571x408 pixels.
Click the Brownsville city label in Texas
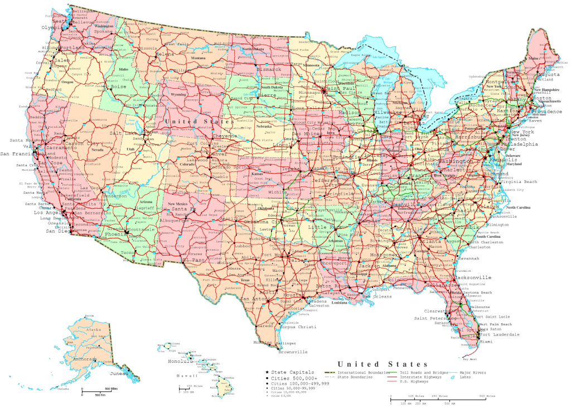(x=293, y=352)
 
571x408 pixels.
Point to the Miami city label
(x=486, y=342)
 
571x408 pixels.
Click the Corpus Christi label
(x=297, y=327)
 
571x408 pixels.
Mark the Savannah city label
(x=467, y=259)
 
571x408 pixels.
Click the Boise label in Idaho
(x=119, y=87)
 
